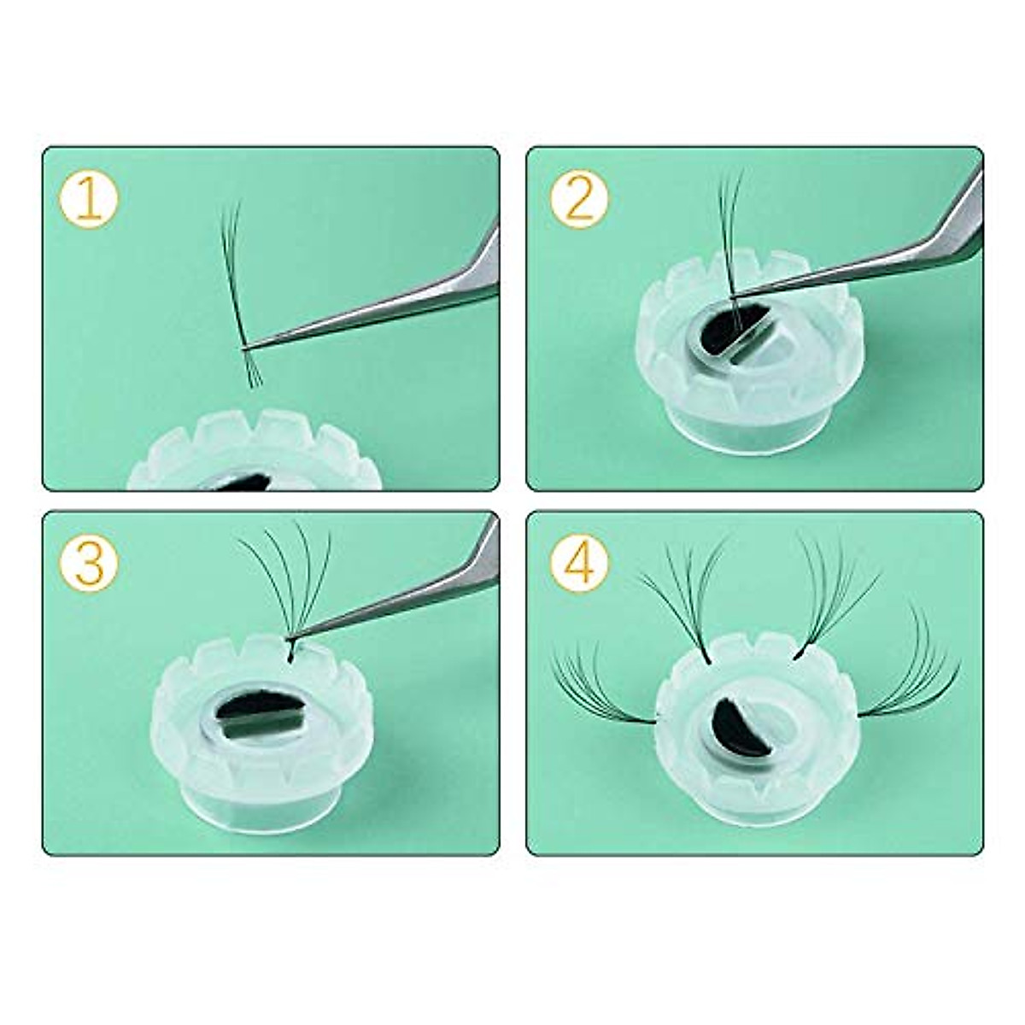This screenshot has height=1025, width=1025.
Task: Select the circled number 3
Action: pyautogui.click(x=90, y=564)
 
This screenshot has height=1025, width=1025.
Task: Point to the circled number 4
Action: pyautogui.click(x=579, y=564)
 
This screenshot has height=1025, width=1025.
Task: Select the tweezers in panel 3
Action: pyautogui.click(x=401, y=598)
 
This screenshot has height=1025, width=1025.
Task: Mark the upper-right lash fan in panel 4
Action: pyautogui.click(x=833, y=589)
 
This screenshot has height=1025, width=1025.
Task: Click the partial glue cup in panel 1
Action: pyautogui.click(x=256, y=453)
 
